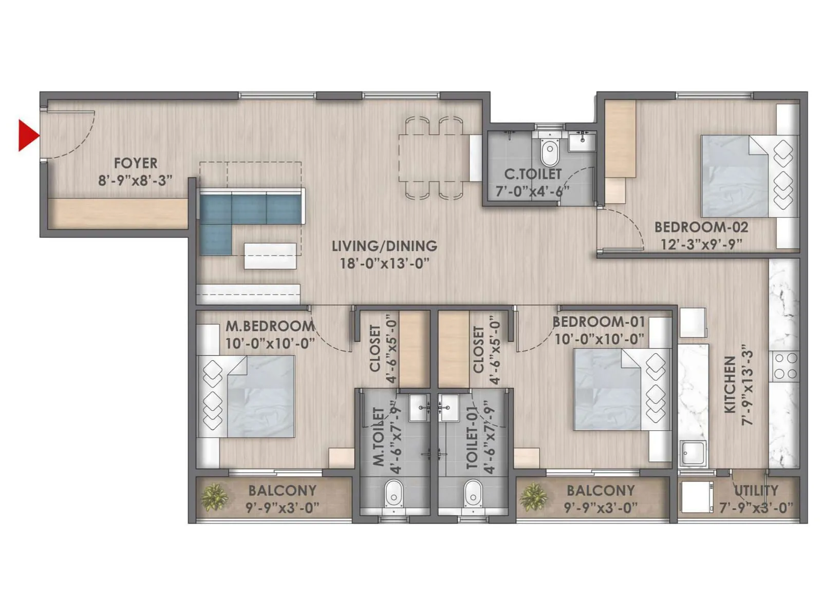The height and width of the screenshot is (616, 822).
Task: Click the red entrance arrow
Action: coord(28,136)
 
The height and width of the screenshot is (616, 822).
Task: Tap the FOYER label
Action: coord(135,163)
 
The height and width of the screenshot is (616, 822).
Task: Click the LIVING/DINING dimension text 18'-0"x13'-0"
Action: coord(384,264)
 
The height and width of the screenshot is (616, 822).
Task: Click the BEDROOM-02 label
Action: coord(701,227)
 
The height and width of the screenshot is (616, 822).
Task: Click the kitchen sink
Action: coord(693,452)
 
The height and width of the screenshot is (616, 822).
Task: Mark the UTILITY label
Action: coord(756,491)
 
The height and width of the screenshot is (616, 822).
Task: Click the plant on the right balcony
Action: coord(533,496)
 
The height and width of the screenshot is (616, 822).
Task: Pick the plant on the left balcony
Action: coord(214,496)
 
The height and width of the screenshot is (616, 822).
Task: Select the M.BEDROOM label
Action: coord(269,326)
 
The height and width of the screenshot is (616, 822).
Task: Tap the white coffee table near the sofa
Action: coord(270,256)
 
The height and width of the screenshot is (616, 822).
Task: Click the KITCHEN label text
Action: coord(730,385)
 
